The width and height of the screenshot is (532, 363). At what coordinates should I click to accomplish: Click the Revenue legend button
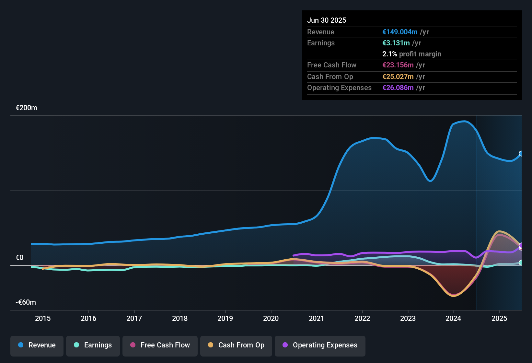[x=37, y=345]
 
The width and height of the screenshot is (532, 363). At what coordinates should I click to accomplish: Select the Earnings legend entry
[x=93, y=345]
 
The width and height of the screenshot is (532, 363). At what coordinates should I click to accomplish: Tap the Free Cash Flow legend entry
[x=160, y=345]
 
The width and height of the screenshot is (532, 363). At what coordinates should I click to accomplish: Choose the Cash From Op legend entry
[x=236, y=345]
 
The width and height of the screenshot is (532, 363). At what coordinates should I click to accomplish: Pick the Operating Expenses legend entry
[x=320, y=345]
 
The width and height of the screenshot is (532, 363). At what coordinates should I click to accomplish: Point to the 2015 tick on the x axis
[x=43, y=318]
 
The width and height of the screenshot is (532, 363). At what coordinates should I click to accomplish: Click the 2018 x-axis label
[x=180, y=318]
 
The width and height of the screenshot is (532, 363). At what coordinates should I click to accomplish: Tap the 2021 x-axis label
[x=317, y=318]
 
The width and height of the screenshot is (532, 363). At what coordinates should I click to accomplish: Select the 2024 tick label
[x=453, y=318]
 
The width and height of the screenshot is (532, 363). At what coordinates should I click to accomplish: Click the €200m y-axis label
[x=27, y=108]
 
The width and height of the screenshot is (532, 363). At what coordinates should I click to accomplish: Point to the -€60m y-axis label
[x=26, y=302]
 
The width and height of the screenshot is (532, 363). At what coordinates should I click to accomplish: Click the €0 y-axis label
[x=20, y=258]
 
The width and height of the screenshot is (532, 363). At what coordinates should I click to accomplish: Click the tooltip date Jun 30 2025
[x=327, y=20]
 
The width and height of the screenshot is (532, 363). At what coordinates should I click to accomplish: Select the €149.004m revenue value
[x=400, y=32]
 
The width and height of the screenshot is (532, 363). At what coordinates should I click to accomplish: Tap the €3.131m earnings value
[x=396, y=43]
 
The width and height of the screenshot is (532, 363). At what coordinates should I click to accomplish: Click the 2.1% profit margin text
[x=411, y=54]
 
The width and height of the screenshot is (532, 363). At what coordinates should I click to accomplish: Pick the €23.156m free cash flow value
[x=398, y=65]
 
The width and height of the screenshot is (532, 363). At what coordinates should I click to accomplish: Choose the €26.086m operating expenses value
[x=398, y=88]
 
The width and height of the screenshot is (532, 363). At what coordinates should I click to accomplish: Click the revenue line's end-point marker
[x=521, y=154]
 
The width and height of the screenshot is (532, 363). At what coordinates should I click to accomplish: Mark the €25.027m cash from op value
[x=398, y=77]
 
